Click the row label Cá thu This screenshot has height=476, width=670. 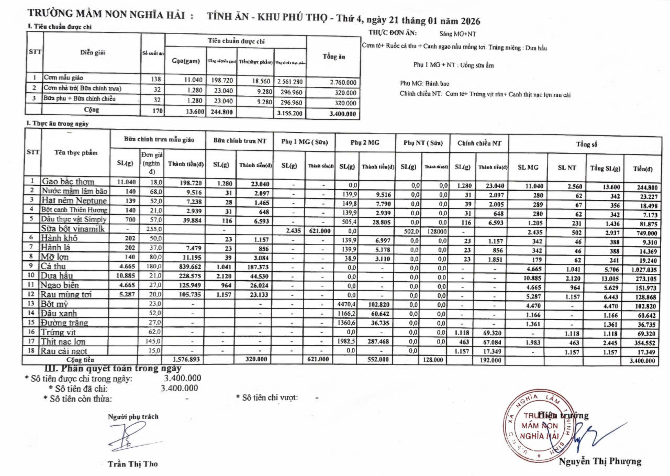[54, 266]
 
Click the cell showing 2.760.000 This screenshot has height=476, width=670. [343, 82]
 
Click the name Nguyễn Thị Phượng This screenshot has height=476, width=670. [600, 461]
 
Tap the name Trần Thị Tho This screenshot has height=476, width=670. [132, 463]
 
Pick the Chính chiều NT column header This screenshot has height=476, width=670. [479, 142]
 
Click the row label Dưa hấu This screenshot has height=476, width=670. [58, 275]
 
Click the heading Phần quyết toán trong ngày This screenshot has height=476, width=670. [112, 368]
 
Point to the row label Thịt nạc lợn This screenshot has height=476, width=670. [64, 341]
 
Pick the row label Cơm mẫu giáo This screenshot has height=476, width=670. [63, 78]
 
